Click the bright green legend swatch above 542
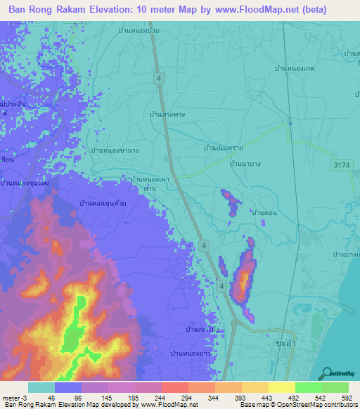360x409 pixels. [308, 387]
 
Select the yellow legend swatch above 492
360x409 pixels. [281, 387]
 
